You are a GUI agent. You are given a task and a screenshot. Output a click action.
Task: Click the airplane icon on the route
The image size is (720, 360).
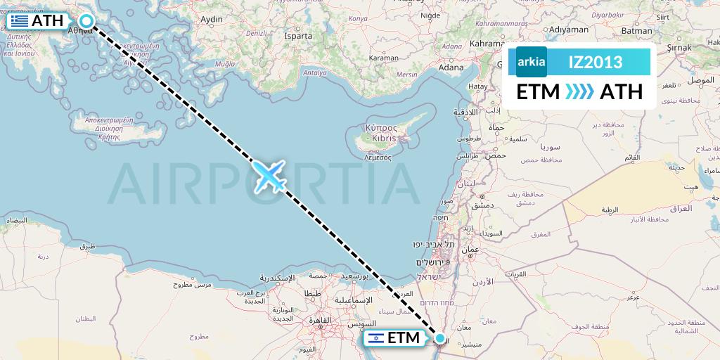point(268,175)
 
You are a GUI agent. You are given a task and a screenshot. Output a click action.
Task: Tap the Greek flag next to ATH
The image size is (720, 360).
point(19,21)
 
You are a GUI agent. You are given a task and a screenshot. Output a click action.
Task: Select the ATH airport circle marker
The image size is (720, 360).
point(86,21)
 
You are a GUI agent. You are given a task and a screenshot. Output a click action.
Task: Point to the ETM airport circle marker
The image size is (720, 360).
point(440,339)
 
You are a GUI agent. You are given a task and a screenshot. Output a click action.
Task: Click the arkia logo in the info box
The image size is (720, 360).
point(531,62)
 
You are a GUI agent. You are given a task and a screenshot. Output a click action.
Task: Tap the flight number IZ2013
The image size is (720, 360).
point(595,62)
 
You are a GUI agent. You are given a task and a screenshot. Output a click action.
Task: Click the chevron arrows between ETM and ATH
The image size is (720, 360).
point(580,92)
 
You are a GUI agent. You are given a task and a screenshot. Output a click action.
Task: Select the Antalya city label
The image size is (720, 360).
point(314,72)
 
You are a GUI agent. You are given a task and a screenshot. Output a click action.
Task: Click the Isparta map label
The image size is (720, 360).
point(297,34)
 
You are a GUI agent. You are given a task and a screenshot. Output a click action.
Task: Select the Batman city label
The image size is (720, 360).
point(637,31)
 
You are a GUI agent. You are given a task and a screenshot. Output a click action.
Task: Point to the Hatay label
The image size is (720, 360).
point(478,86)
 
